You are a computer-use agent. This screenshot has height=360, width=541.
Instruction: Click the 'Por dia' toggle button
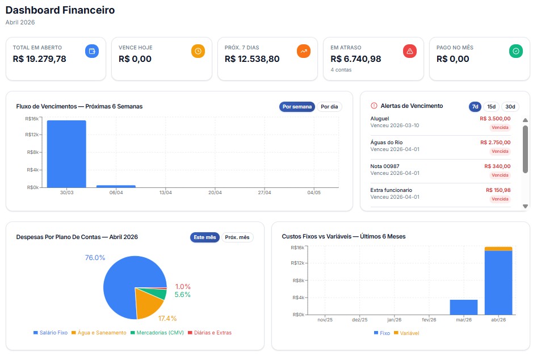point(329,107)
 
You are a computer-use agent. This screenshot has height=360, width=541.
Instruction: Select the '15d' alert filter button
point(491,107)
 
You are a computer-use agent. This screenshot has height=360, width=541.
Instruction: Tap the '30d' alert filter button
point(510,107)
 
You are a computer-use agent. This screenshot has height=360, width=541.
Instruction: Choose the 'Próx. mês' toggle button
point(237,237)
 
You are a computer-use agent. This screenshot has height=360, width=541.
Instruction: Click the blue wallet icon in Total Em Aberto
point(92,51)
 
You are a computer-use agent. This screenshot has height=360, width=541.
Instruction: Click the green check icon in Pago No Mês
point(516,51)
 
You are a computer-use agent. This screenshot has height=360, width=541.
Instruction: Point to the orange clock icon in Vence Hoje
point(198,51)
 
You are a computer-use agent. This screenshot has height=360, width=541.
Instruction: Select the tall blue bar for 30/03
point(66,153)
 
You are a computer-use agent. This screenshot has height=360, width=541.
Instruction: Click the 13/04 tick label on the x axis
point(165,192)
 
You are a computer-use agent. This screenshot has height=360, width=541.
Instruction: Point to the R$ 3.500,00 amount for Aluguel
point(495,119)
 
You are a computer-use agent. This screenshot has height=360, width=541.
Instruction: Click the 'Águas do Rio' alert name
point(387,143)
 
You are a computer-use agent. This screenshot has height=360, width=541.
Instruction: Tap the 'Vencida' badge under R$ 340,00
point(500,175)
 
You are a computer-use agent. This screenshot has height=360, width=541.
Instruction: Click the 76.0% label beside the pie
point(95,258)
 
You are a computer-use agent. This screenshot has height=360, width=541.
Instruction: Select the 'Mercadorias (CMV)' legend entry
point(157,333)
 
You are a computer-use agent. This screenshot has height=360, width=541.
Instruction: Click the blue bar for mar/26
point(464,307)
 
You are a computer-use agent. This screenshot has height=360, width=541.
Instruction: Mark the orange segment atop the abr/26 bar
point(498,249)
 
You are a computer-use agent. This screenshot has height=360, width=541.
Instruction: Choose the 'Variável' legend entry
point(405,333)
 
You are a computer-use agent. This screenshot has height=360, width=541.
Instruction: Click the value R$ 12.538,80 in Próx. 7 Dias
point(252,59)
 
